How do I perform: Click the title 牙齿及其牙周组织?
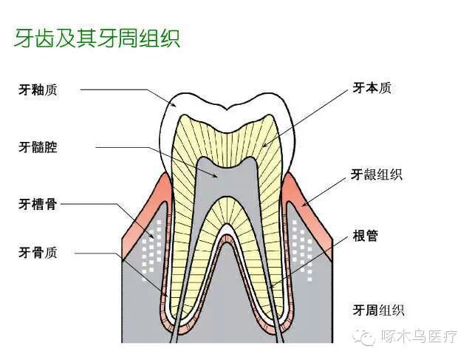coord(97,38)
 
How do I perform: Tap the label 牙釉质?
coord(38,90)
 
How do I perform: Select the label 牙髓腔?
coord(38,147)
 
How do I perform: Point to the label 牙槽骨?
coord(38,203)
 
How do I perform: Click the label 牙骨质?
coord(38,253)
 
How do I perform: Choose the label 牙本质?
coord(372,88)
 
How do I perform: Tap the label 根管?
coord(366,237)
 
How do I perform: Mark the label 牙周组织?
coord(378,310)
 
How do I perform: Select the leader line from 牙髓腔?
coord(133,147)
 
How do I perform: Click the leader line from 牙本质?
coord(318,111)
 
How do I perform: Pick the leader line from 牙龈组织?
coord(325,189)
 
